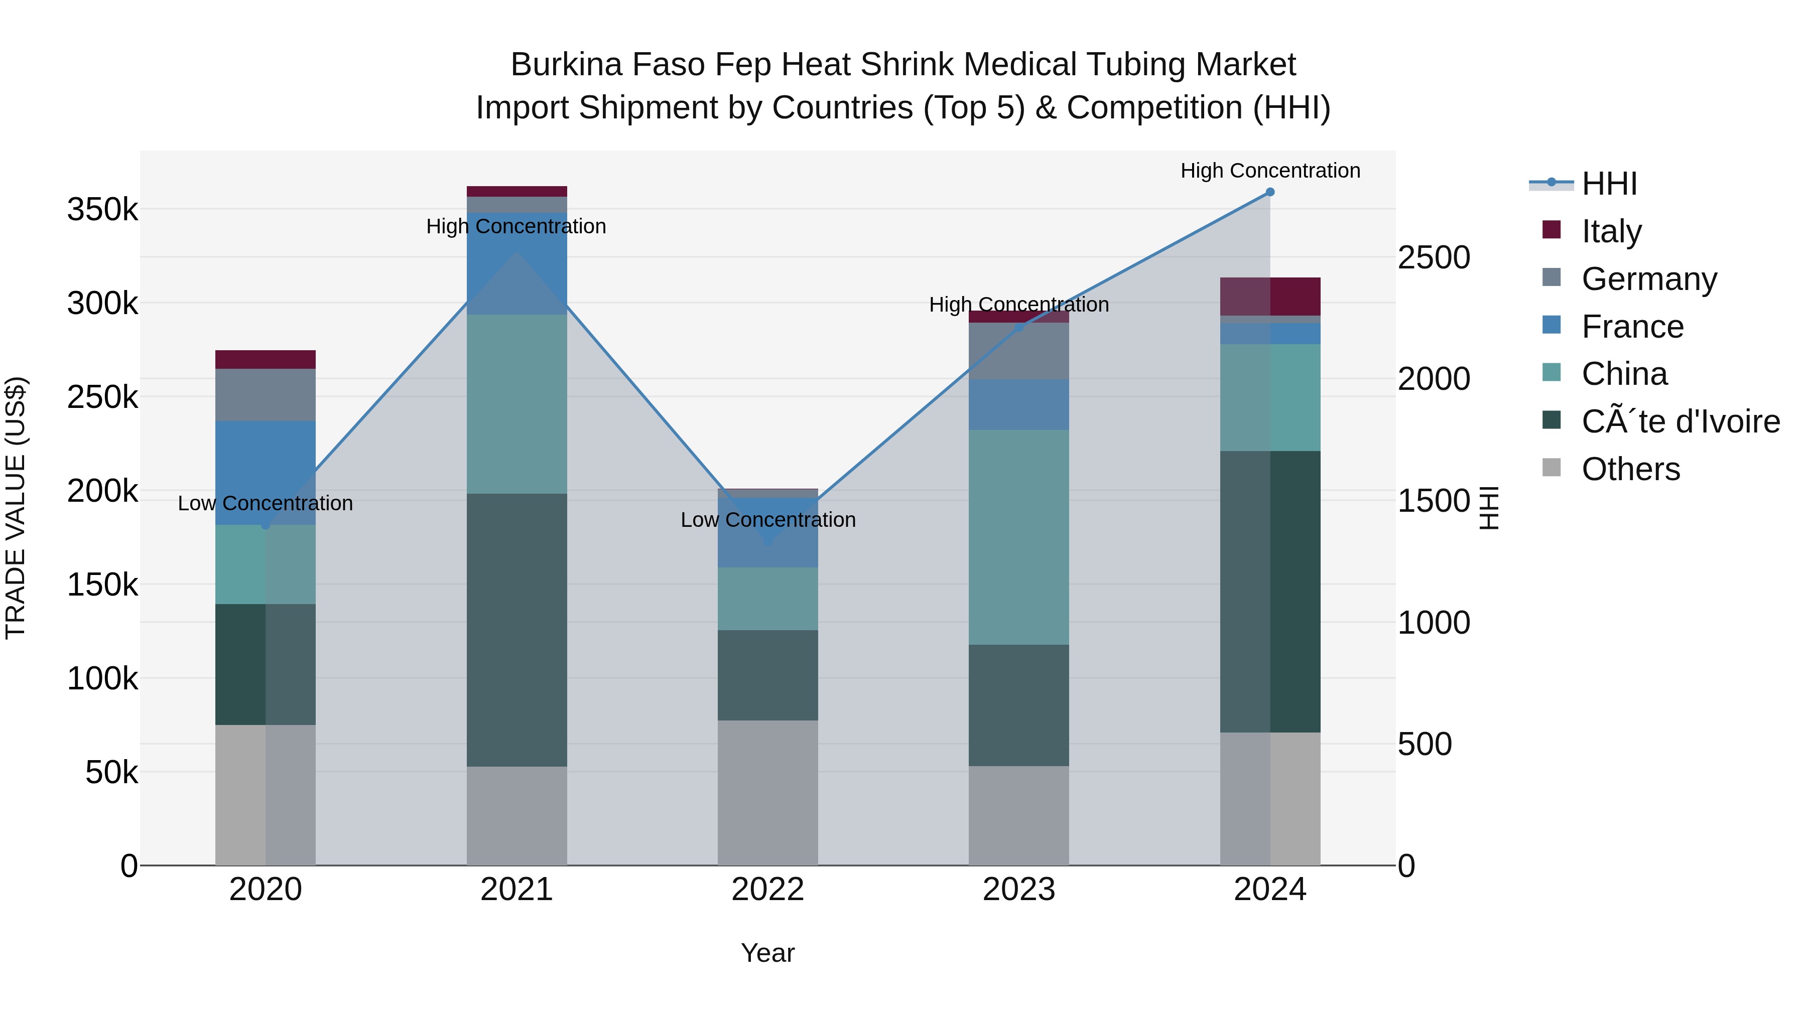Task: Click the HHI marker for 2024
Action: coord(1270,192)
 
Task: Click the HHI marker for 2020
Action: coord(265,524)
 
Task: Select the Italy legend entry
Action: coord(1611,231)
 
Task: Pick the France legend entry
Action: coord(1632,326)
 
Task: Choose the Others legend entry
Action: coord(1630,469)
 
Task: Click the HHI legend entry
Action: coord(1609,184)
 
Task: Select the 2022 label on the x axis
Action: coord(767,890)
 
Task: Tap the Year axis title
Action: coord(767,953)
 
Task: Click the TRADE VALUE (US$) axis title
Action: coord(16,508)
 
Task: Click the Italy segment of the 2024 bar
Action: coord(1270,297)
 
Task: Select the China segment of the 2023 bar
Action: coord(1018,537)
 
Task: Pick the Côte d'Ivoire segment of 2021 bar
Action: coord(517,630)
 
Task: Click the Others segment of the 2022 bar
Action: coord(767,792)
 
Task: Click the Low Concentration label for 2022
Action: coord(767,520)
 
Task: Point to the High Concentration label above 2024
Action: coord(1270,171)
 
